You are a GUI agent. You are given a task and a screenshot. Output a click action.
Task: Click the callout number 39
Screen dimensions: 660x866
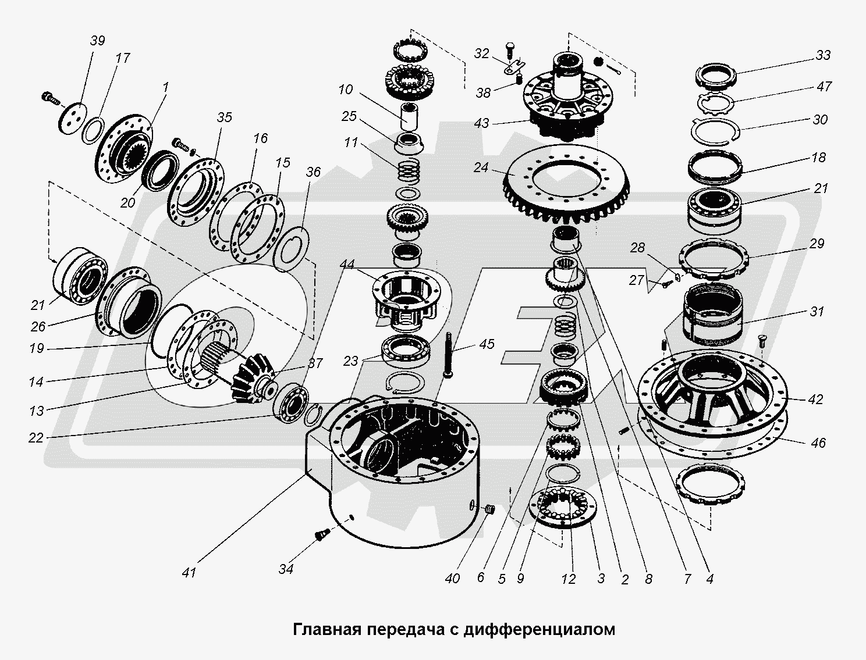coord(98,41)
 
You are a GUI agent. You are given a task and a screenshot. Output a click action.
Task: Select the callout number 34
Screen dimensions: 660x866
coord(285,569)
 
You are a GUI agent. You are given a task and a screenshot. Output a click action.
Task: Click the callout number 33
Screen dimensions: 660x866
coord(822,56)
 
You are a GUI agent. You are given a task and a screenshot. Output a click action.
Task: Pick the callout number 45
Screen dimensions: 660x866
coord(487,344)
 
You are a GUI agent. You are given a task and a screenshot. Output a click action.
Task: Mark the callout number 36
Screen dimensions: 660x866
coord(314,172)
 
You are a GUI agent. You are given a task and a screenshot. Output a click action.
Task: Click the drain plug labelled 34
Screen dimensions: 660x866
coord(321,533)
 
